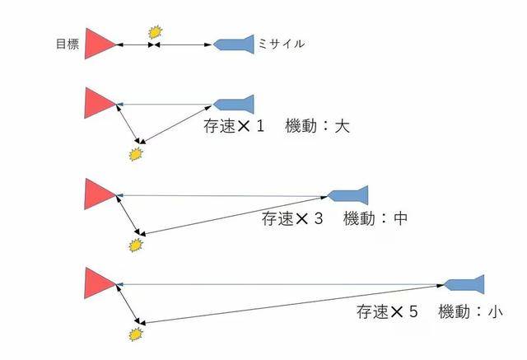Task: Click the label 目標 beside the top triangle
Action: click(x=68, y=44)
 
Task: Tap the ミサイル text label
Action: click(x=282, y=44)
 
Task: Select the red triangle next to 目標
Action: click(x=100, y=44)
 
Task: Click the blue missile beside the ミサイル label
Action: click(x=234, y=44)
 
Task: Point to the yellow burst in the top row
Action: click(x=156, y=32)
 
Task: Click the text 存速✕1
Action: click(x=234, y=126)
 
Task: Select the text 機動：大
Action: click(x=317, y=126)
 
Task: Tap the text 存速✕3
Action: click(x=292, y=218)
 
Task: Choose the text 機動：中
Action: click(x=375, y=218)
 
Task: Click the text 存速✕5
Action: click(x=387, y=311)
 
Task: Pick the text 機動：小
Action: click(x=470, y=311)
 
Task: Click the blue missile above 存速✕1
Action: click(x=234, y=104)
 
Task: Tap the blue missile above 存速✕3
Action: click(x=347, y=195)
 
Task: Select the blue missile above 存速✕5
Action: click(x=464, y=285)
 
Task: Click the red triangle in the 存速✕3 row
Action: click(x=100, y=194)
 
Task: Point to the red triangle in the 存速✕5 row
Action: click(x=100, y=283)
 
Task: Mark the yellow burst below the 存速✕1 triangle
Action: click(x=136, y=154)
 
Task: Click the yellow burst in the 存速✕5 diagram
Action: click(x=136, y=334)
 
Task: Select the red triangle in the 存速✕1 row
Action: click(x=100, y=103)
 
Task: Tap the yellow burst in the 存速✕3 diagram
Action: click(x=136, y=245)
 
